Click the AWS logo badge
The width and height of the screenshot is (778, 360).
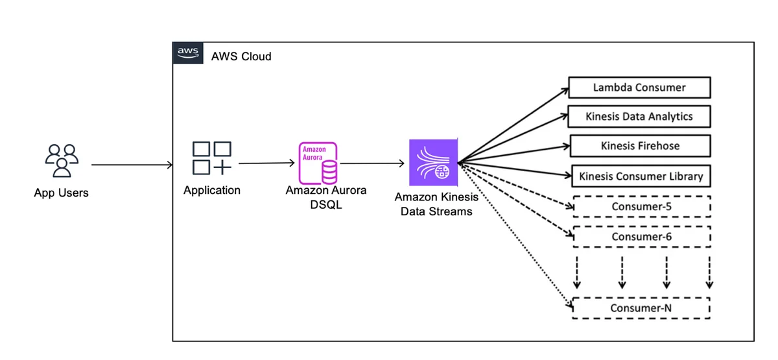(x=188, y=53)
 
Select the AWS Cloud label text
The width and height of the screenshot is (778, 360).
(x=241, y=56)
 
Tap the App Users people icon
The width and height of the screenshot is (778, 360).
(x=62, y=161)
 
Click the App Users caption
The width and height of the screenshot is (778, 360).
(x=61, y=193)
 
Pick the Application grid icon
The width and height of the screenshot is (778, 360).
(x=212, y=158)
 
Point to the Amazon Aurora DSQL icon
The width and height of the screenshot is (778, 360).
(x=318, y=163)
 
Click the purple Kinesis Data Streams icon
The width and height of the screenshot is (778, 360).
(x=434, y=163)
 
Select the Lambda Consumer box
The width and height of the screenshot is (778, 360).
(x=639, y=88)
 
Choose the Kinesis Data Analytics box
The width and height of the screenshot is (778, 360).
(x=639, y=116)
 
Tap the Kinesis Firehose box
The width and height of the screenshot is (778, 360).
(x=640, y=146)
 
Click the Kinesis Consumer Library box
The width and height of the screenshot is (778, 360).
(x=641, y=176)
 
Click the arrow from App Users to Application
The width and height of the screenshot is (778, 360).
(x=132, y=165)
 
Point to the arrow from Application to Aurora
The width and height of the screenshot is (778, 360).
(x=266, y=163)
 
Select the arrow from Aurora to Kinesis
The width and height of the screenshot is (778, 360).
(x=372, y=163)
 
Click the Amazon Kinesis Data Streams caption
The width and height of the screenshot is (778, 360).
(x=436, y=204)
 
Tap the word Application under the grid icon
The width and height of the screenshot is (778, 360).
(x=212, y=191)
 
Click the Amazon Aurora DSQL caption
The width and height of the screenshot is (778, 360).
(x=325, y=197)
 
